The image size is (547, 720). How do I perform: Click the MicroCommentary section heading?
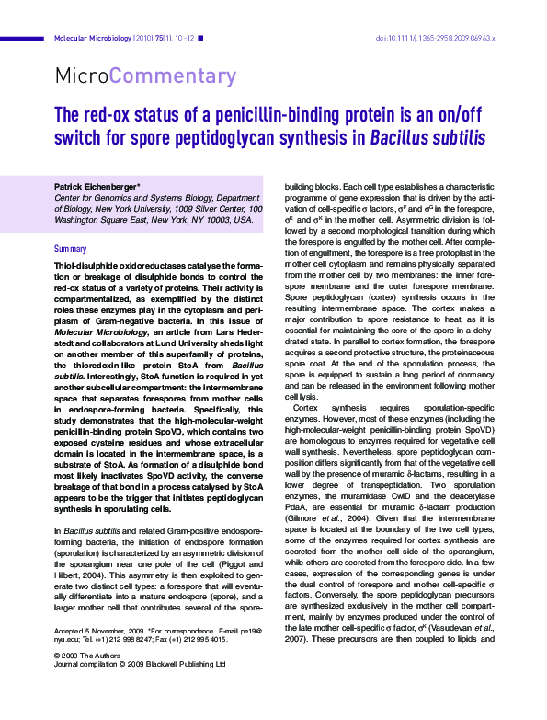[x=146, y=75]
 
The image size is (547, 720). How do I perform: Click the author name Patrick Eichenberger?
[x=96, y=187]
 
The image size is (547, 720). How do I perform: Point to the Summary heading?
[x=71, y=250]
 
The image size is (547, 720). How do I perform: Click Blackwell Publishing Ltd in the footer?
[x=189, y=665]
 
